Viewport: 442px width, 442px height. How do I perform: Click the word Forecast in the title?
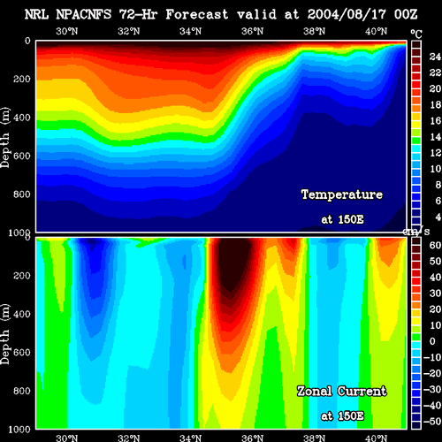pos(197,14)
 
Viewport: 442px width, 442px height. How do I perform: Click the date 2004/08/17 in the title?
pos(347,14)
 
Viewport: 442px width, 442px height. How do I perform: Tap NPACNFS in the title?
pos(84,14)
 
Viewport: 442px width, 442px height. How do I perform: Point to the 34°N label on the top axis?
pos(191,31)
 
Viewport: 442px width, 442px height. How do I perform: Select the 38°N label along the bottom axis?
pos(315,438)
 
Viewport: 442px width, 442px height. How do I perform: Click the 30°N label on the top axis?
pos(67,31)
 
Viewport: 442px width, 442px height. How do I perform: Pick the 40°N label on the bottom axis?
pos(377,438)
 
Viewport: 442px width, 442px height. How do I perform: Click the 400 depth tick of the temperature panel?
pos(22,118)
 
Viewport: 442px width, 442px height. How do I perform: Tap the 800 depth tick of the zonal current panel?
pos(22,391)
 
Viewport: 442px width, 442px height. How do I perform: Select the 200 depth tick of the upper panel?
pos(22,79)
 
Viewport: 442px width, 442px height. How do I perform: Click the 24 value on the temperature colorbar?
pos(435,57)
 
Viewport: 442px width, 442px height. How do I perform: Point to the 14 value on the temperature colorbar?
pos(435,137)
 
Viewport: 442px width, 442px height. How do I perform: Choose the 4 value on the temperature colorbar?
pos(438,217)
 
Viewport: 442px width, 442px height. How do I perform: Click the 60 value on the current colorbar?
pos(435,245)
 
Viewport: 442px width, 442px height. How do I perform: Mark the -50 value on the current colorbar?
pos(432,422)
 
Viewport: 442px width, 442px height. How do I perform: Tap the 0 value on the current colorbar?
pos(432,341)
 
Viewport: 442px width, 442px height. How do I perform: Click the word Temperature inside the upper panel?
pos(342,194)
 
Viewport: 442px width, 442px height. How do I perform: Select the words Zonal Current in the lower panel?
pos(342,392)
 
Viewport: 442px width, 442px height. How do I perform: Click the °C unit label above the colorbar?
pos(416,34)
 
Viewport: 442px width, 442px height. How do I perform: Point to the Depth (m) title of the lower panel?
pos(5,334)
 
